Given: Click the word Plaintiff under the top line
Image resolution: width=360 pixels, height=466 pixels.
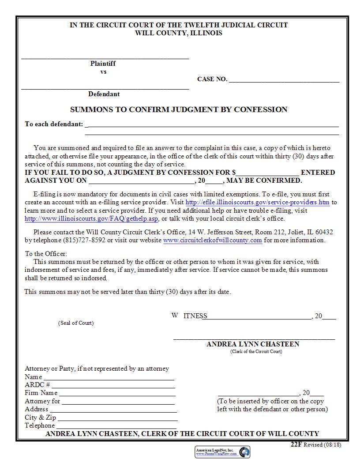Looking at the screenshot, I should [x=103, y=64].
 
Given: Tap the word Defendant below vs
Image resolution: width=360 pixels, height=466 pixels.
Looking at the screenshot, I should [x=104, y=94].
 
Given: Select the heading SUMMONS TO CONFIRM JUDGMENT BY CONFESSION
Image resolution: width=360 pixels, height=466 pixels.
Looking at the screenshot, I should [x=179, y=109].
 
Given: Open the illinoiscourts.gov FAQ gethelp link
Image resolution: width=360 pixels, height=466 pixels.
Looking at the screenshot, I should [x=91, y=218].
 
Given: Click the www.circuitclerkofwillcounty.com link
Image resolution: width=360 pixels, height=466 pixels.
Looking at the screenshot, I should [x=213, y=241].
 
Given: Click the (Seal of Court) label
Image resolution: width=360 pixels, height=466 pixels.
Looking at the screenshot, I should [x=76, y=323].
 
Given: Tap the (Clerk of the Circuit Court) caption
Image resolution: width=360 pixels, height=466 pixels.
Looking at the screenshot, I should [x=256, y=351].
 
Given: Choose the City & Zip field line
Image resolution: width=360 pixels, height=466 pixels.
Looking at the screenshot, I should [x=117, y=418].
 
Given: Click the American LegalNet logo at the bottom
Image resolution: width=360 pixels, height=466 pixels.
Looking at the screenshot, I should [x=222, y=451].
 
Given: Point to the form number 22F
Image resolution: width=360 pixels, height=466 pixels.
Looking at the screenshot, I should [x=296, y=444].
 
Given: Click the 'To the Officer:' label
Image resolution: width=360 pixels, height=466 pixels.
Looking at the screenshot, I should [x=46, y=254].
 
